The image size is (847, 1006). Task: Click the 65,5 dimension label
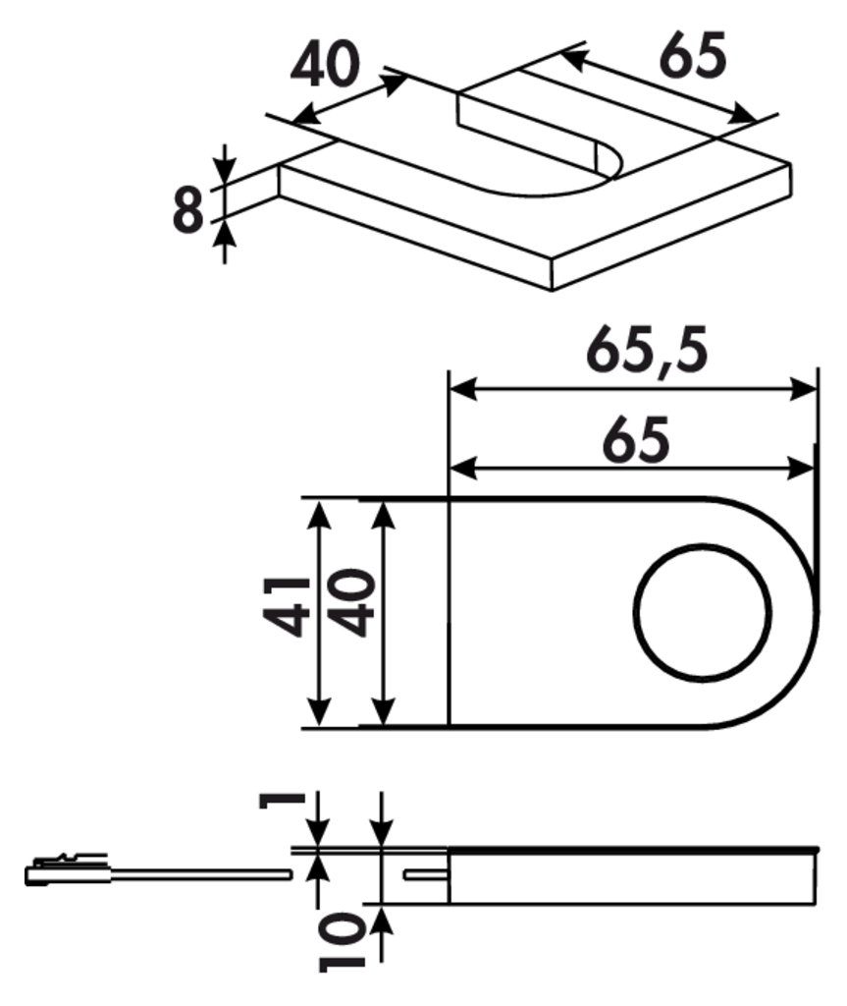tap(647, 352)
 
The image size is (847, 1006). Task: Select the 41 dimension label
tap(286, 607)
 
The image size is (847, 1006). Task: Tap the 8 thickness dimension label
tap(187, 210)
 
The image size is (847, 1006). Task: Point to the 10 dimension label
tap(342, 942)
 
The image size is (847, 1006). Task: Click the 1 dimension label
tap(281, 800)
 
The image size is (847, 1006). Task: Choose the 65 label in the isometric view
tap(694, 55)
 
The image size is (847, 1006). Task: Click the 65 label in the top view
tap(636, 439)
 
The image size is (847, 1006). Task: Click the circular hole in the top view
tap(702, 611)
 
